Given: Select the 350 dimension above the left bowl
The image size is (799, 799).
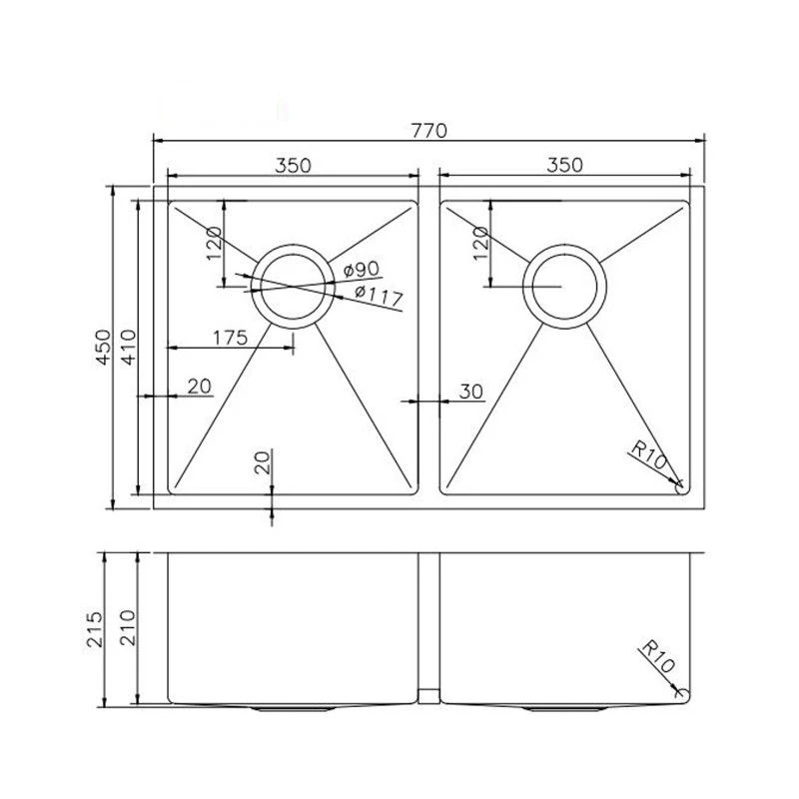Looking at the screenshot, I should coord(292,166).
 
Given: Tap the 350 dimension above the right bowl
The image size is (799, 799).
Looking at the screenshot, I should coord(564,166).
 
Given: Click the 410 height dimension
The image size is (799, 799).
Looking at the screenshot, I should coord(128,346).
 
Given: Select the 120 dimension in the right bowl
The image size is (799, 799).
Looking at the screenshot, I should coord(480,243).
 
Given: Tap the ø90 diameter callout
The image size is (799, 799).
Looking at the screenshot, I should coord(359,270).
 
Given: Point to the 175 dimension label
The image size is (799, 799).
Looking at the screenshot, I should coord(230,338).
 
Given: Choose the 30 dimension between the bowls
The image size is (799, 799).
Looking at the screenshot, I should coord(470,391).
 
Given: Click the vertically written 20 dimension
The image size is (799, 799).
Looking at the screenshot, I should coord(263,462).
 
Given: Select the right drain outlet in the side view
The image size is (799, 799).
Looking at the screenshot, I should coord(564,707).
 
